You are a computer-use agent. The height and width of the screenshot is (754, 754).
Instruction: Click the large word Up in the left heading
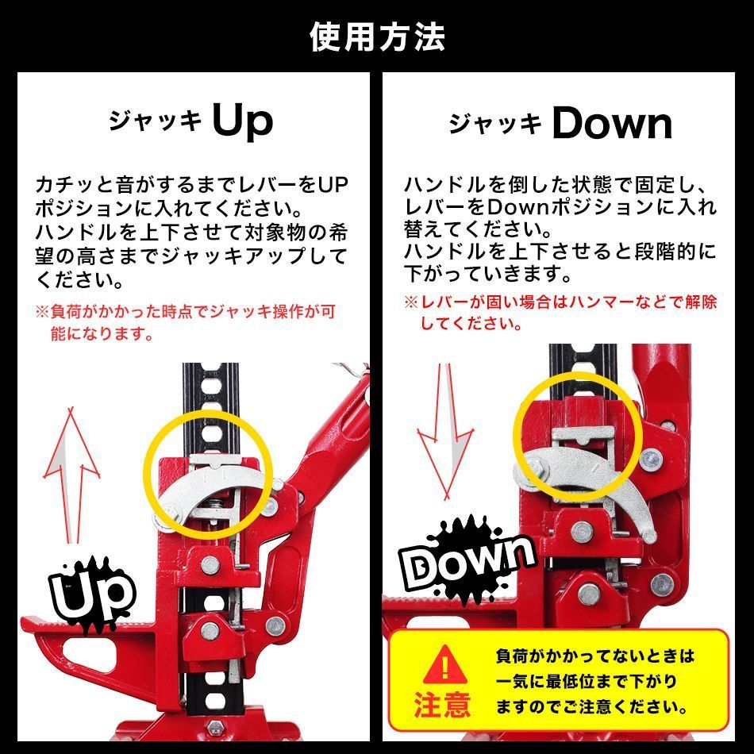coord(243,121)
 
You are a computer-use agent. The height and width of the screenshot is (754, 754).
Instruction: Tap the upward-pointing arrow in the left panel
coord(71,476)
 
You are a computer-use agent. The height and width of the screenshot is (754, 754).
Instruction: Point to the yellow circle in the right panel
coord(576,445)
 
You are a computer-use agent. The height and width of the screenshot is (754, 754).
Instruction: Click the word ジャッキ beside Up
coord(156,124)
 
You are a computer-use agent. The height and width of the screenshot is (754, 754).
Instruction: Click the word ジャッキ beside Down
coord(496,125)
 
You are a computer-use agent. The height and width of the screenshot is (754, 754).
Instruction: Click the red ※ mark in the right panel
coord(410,302)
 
